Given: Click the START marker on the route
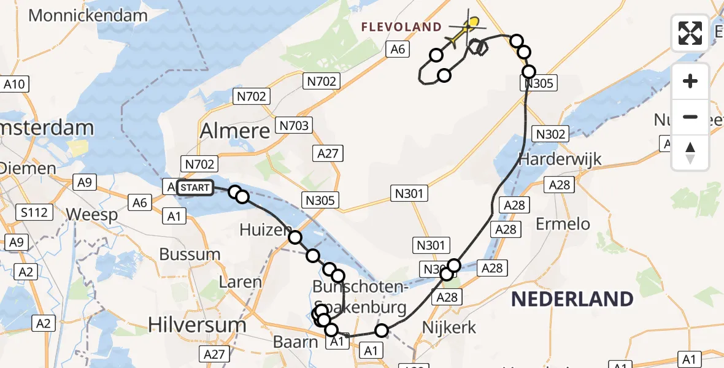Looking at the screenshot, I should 195,188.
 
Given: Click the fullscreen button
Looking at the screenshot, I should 690,33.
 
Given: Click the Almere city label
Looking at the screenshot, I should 235,131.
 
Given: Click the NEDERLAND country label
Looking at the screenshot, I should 572,299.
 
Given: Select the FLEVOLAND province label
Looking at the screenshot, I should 401,27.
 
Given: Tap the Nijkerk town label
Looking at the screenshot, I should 449,328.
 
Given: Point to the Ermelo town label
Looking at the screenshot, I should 563,224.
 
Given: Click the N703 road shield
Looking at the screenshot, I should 294,126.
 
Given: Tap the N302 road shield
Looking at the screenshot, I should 550,133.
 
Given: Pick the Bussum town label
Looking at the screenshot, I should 190,255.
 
